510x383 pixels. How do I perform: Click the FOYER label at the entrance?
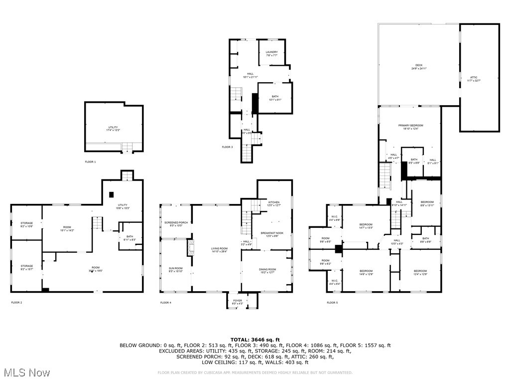coord(238,301)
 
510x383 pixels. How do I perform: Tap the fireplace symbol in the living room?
coord(189,248)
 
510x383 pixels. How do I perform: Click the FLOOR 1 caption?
coord(90,162)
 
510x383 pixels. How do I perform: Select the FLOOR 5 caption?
coord(332,303)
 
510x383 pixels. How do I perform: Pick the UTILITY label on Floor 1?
coord(113,128)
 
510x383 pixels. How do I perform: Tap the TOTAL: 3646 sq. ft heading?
coord(255,340)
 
